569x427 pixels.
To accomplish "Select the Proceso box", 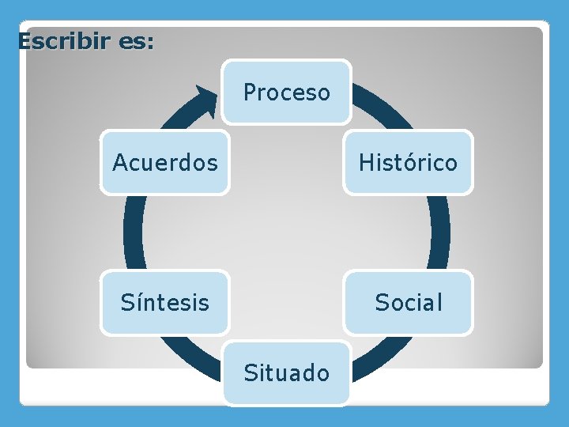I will point(286,93).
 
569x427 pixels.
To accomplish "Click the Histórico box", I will point(408,163).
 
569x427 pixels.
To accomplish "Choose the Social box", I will point(408,302).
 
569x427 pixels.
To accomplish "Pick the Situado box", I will point(286,372).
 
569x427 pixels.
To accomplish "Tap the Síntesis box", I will point(164,302).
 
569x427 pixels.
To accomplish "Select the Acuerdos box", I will point(164,163).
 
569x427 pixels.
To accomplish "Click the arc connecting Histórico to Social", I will point(440,232).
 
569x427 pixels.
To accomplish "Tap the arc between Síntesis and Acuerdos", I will point(134,232).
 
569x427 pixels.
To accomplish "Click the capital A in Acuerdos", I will point(120,163).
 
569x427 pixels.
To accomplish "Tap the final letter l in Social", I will point(439,302).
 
